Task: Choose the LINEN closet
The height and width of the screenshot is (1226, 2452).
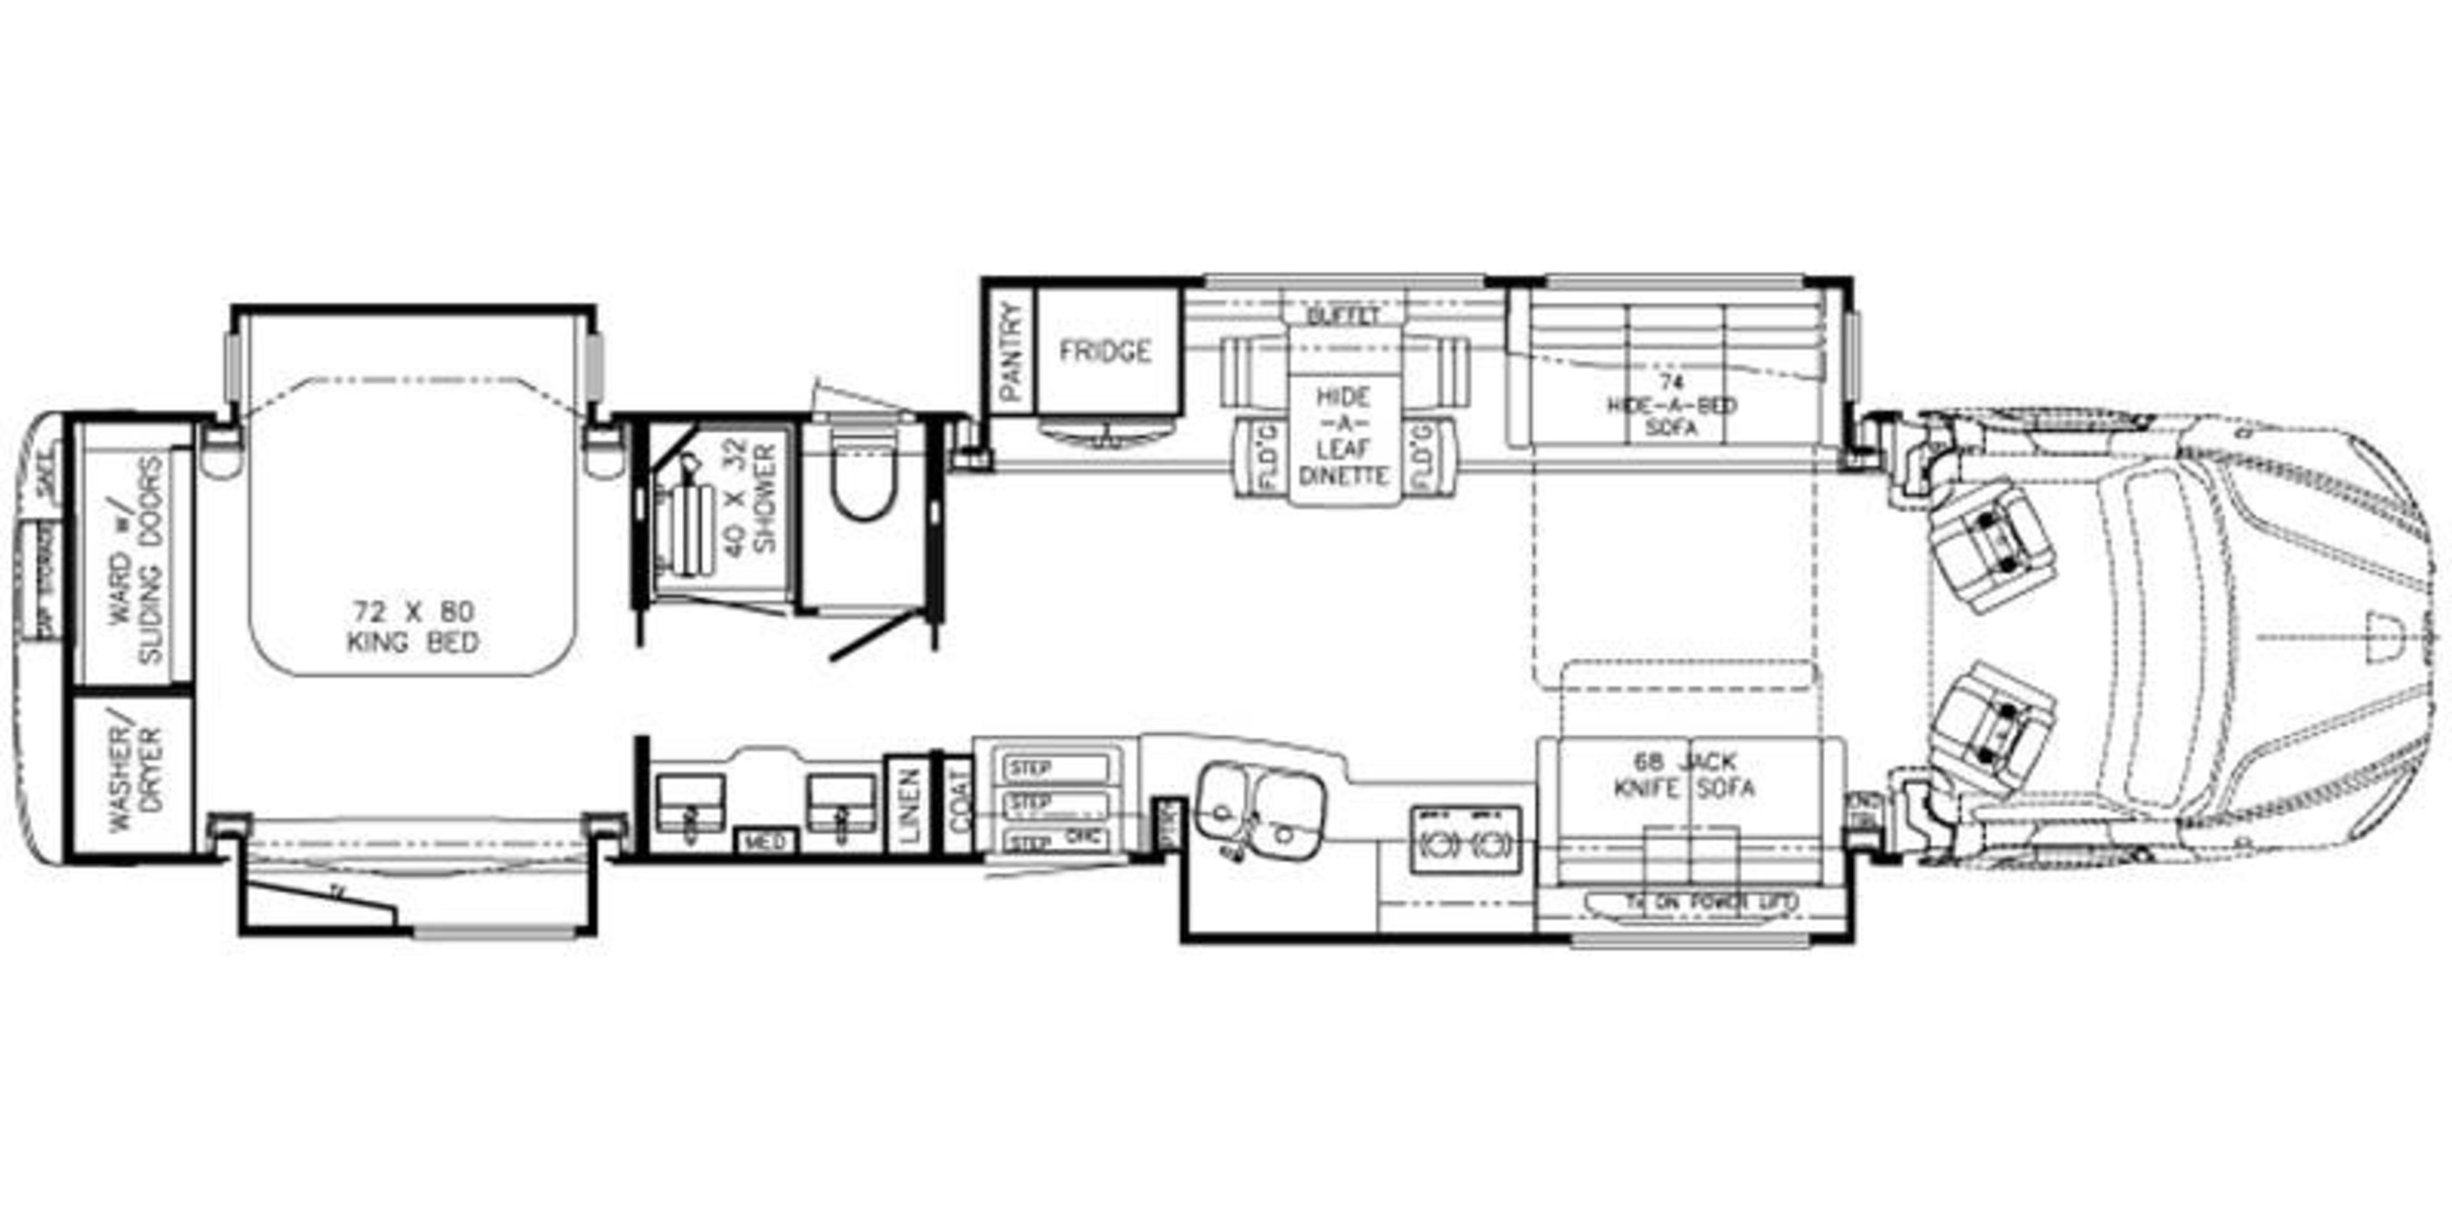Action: point(909,805)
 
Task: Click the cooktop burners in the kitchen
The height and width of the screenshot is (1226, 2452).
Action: point(1464,840)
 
